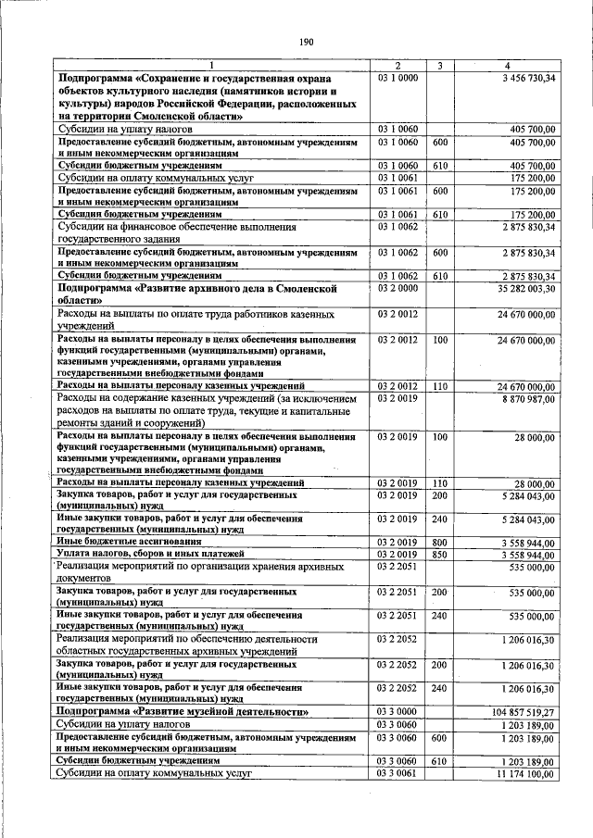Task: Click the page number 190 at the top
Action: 308,41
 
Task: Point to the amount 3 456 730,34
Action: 524,78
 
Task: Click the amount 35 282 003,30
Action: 520,289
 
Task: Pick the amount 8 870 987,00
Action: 524,396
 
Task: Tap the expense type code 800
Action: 440,541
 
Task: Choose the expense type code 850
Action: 440,554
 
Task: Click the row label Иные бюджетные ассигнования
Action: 122,541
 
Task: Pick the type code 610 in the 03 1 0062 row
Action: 440,276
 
